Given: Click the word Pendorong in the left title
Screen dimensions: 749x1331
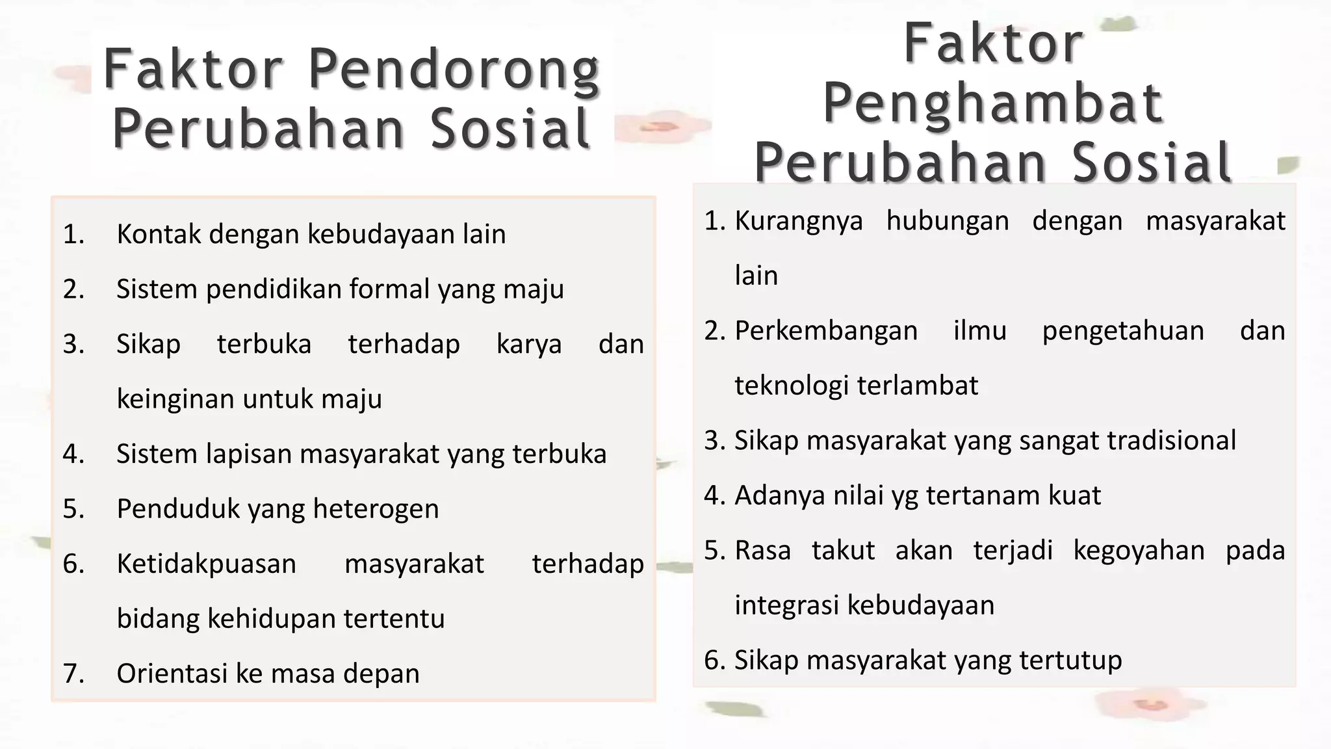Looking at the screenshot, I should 454,70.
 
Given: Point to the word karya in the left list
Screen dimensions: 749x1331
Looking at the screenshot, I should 529,344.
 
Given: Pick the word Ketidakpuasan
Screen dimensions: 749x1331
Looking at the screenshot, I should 206,564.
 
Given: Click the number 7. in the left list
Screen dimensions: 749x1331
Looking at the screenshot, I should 73,674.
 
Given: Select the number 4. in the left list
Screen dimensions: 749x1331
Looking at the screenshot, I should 73,454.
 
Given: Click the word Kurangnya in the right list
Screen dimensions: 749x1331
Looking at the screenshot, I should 799,221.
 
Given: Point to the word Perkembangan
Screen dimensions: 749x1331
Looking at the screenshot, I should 826,331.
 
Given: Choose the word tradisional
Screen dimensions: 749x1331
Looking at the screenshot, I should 1171,441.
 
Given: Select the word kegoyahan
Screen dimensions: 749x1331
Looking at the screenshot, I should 1139,551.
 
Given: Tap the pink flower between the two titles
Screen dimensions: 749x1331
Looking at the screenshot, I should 660,127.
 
